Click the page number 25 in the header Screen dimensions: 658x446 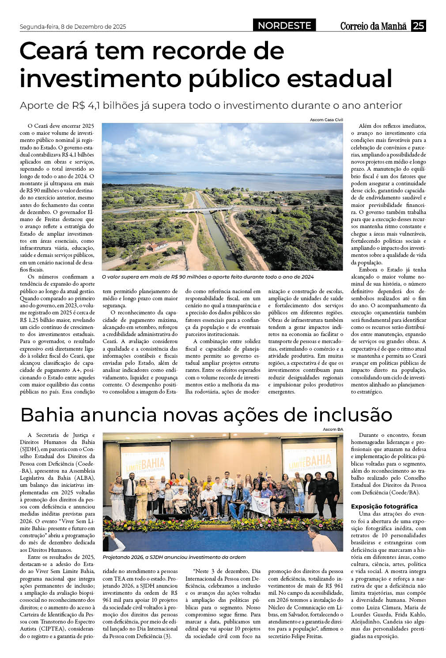(x=418, y=26)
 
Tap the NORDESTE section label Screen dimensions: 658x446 (x=284, y=26)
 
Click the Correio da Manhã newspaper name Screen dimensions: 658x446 (x=373, y=26)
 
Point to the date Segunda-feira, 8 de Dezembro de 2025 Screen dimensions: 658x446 (x=73, y=27)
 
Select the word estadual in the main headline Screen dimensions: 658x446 (x=339, y=78)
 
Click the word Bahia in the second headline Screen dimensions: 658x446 (x=49, y=415)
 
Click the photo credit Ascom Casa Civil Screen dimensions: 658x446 (x=326, y=120)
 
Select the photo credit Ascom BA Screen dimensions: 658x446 (x=333, y=429)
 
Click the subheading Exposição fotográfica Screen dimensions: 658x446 (x=384, y=506)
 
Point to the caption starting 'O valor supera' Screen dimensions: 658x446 (x=208, y=277)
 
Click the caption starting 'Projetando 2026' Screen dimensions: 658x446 (x=174, y=557)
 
